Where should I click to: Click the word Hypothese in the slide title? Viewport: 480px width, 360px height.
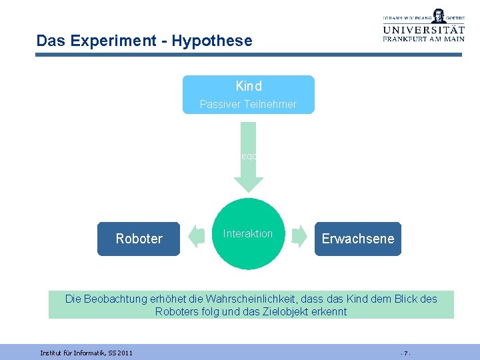click(x=212, y=41)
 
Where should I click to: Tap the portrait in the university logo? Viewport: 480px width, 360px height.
click(x=438, y=15)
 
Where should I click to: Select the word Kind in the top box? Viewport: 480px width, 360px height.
click(x=249, y=86)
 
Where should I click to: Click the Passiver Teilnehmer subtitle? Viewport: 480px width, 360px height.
click(x=248, y=104)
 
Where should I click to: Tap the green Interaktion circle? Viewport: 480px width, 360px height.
click(x=248, y=234)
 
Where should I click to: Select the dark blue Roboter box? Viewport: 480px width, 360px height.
click(x=139, y=239)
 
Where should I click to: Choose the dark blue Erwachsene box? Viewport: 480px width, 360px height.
click(x=358, y=239)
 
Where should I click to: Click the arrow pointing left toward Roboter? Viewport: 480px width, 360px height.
click(x=196, y=235)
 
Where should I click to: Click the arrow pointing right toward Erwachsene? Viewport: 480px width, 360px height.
click(x=299, y=235)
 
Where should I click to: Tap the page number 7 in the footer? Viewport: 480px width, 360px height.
click(x=405, y=352)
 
